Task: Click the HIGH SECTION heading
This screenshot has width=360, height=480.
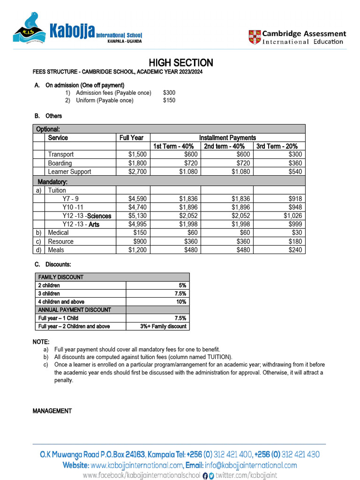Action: point(181,63)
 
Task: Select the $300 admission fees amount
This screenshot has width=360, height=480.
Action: point(169,93)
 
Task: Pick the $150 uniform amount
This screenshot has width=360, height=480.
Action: point(169,100)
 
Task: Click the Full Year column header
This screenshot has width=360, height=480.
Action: point(131,138)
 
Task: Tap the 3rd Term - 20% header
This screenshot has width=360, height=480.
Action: point(279,146)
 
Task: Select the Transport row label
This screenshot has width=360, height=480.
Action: point(61,155)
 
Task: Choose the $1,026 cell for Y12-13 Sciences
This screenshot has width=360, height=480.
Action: point(292,216)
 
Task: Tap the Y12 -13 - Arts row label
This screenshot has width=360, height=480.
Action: point(81,225)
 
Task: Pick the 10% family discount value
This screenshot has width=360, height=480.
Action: point(181,302)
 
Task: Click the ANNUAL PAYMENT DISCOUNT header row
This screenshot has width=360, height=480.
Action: point(75,310)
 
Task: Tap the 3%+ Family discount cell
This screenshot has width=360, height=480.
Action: point(164,326)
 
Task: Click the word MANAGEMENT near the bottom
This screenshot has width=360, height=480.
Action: point(52,411)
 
